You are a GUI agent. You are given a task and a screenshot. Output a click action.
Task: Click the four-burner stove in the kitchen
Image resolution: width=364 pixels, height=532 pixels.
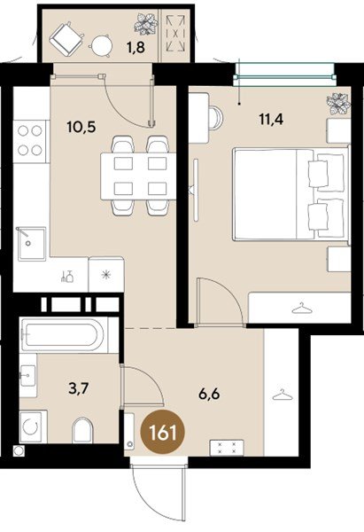31,137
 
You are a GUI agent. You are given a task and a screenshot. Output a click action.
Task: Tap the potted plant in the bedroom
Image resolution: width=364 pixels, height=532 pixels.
337,103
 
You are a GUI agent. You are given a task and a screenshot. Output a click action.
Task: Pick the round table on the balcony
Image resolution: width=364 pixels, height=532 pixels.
103,45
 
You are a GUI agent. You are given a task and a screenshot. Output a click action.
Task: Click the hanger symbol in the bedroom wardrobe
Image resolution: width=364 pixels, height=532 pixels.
303,308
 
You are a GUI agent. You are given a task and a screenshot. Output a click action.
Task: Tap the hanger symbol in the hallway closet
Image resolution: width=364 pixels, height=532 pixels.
282,393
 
